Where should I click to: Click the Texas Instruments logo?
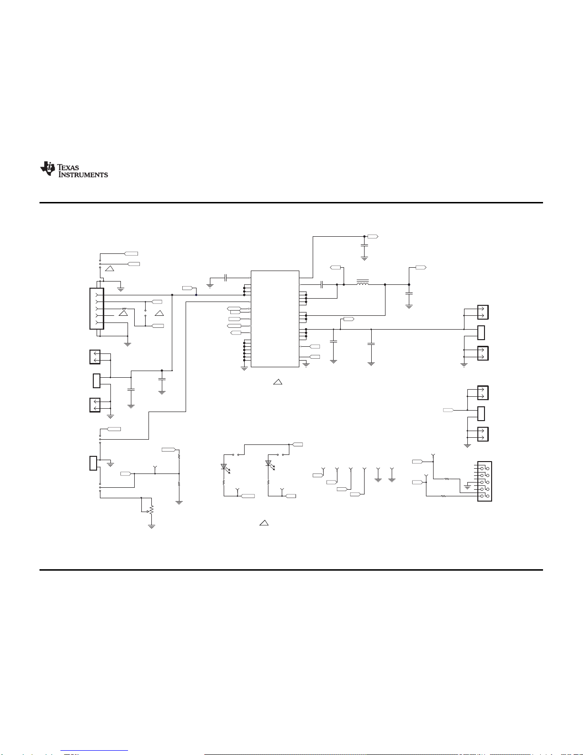(74, 170)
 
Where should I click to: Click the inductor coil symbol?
(363, 282)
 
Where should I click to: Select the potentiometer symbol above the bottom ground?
(150, 510)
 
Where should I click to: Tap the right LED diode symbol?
(269, 464)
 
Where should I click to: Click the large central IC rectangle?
(275, 319)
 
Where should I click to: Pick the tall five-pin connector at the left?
(97, 309)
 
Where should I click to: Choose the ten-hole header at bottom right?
(484, 481)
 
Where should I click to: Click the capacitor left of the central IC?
(226, 278)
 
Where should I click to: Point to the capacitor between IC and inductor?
(322, 284)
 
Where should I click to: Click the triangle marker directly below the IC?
(277, 382)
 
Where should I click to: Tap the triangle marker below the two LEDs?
(264, 523)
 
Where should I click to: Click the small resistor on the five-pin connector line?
(124, 309)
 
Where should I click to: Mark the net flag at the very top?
(373, 236)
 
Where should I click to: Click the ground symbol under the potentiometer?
(151, 527)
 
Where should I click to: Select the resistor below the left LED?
(224, 482)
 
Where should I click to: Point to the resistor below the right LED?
(268, 482)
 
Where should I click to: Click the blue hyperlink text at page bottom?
(94, 751)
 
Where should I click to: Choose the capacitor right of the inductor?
(409, 293)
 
